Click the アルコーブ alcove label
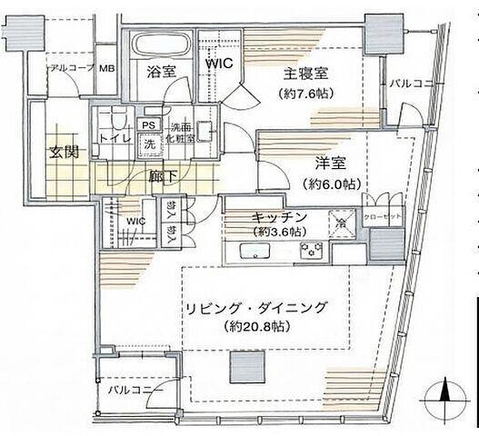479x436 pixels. tap(71, 69)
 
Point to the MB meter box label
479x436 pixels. tap(106, 69)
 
